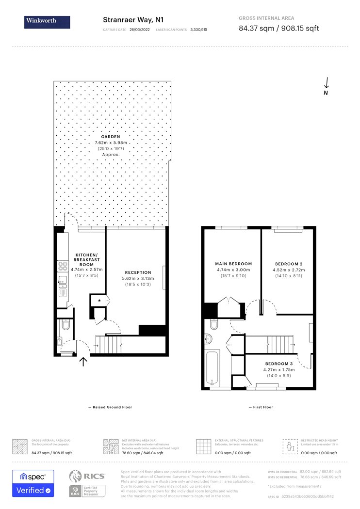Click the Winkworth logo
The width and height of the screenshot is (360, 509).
[47, 22]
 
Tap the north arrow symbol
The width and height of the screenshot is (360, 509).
[327, 83]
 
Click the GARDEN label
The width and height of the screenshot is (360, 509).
[111, 137]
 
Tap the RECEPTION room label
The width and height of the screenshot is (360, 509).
[138, 272]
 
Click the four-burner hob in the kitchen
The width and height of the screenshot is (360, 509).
[63, 266]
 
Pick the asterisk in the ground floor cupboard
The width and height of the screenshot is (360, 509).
[99, 301]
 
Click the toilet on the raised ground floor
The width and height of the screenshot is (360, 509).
[67, 324]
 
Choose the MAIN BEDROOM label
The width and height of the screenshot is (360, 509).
[233, 264]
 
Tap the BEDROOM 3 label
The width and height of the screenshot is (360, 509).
[278, 364]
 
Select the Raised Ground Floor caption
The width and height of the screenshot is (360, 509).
[110, 407]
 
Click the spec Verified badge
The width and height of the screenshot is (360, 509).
[33, 483]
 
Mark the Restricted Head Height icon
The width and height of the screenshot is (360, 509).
[290, 445]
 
